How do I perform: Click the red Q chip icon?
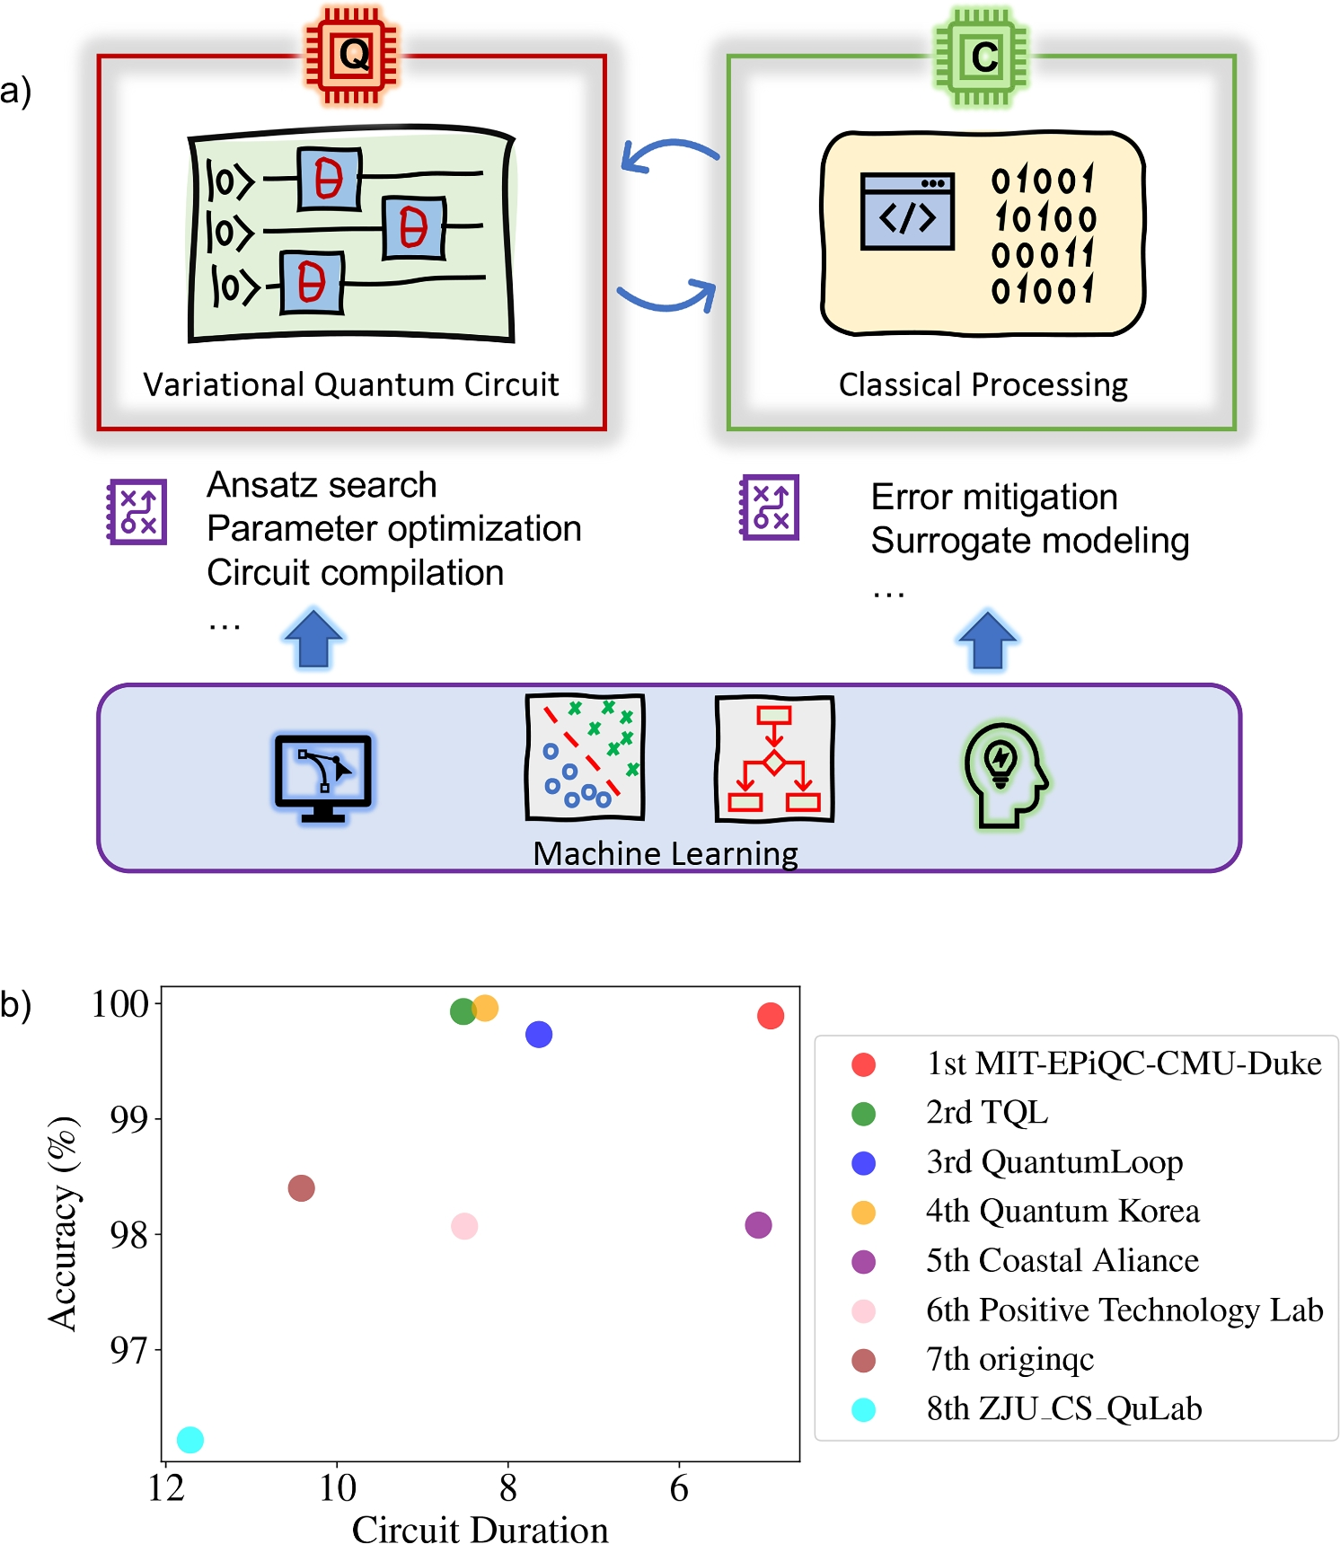(x=351, y=57)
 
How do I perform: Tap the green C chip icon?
(x=982, y=57)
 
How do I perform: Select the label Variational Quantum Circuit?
(x=350, y=384)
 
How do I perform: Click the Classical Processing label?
(x=983, y=384)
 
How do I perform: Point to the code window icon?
(x=907, y=212)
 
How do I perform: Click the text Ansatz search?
(x=322, y=485)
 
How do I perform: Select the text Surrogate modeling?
(x=1029, y=541)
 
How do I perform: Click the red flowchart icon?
(x=774, y=759)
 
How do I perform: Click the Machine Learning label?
(x=665, y=853)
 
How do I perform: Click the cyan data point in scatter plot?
(x=190, y=1440)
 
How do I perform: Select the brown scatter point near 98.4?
(x=302, y=1188)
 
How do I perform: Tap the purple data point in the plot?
(x=758, y=1225)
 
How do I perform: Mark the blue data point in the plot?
(x=539, y=1035)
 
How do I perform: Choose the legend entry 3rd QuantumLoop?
(x=1053, y=1162)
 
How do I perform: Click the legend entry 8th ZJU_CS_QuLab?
(x=1063, y=1409)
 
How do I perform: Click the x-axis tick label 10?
(x=338, y=1489)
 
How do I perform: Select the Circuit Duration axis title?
(x=480, y=1529)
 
